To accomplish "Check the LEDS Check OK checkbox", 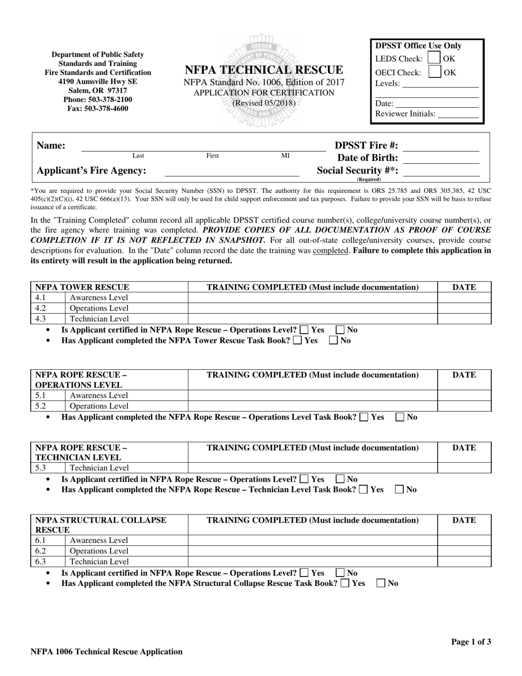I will (434, 58).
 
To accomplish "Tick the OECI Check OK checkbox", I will (434, 72).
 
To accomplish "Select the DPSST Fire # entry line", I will (441, 147).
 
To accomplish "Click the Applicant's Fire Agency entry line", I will (232, 171).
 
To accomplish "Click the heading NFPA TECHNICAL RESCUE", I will (264, 70).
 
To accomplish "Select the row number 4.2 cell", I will (48, 308).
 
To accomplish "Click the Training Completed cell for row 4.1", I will (313, 298).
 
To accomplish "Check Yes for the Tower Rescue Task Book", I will (297, 341).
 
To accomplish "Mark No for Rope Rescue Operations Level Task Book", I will (401, 417).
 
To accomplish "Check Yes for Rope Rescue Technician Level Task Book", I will (363, 490).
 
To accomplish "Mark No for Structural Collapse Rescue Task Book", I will (381, 584).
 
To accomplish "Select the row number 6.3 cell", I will (48, 562).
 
